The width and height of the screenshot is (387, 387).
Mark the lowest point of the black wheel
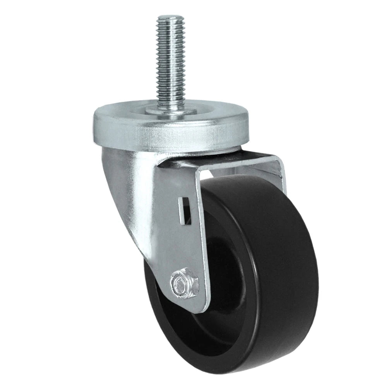coord(248,372)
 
